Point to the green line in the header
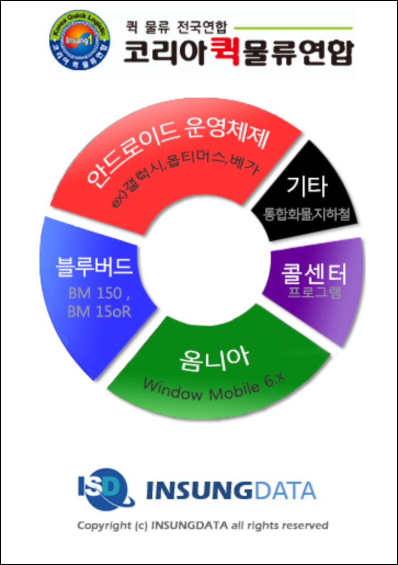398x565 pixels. click(293, 27)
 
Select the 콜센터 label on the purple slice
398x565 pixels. click(314, 273)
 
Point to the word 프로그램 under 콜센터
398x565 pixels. click(315, 291)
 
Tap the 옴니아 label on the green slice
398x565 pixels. click(214, 359)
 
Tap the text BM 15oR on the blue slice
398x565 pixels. click(99, 312)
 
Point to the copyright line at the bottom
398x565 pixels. click(202, 526)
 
